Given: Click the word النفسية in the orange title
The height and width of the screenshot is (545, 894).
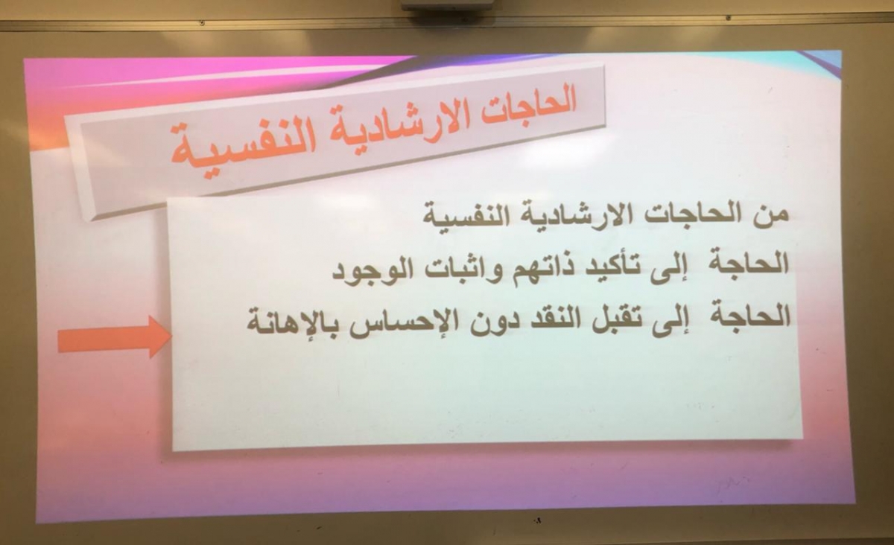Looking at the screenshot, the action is point(244,148).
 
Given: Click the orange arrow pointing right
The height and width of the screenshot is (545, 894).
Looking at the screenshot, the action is point(115,337).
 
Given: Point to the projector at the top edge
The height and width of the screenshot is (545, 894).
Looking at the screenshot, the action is point(447,4).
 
